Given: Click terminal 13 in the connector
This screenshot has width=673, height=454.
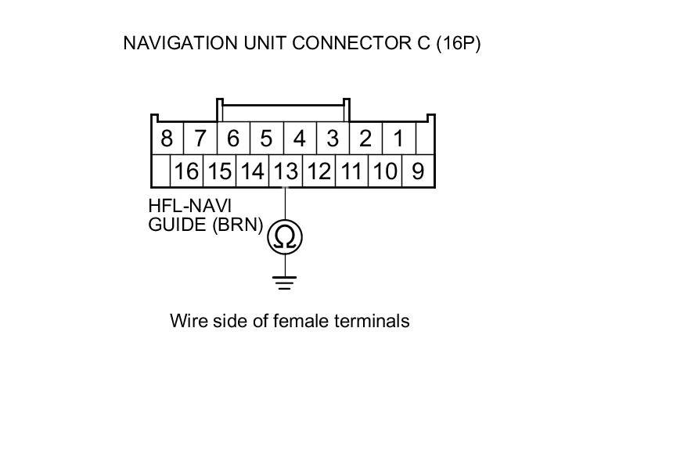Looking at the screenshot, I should point(286,171).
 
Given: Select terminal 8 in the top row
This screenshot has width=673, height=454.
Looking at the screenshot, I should point(166,139).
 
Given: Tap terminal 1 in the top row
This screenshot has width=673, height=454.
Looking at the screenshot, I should point(398,139).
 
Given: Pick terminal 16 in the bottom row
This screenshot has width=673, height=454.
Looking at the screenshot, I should point(186,171).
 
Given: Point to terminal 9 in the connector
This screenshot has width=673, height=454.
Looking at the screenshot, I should point(418,171).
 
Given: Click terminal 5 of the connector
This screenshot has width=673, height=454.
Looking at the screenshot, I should point(266,139).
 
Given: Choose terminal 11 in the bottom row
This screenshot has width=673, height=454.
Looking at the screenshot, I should point(351,171).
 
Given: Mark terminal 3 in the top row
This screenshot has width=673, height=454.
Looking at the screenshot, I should point(333,139).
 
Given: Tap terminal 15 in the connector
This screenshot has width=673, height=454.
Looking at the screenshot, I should point(220,171).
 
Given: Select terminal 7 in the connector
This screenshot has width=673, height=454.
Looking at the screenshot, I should point(200,139).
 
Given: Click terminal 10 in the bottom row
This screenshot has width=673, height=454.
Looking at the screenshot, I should point(384,171).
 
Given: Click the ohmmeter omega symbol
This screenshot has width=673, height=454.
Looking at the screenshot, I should point(286,237).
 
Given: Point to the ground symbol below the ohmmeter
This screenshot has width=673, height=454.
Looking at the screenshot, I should point(286,282).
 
